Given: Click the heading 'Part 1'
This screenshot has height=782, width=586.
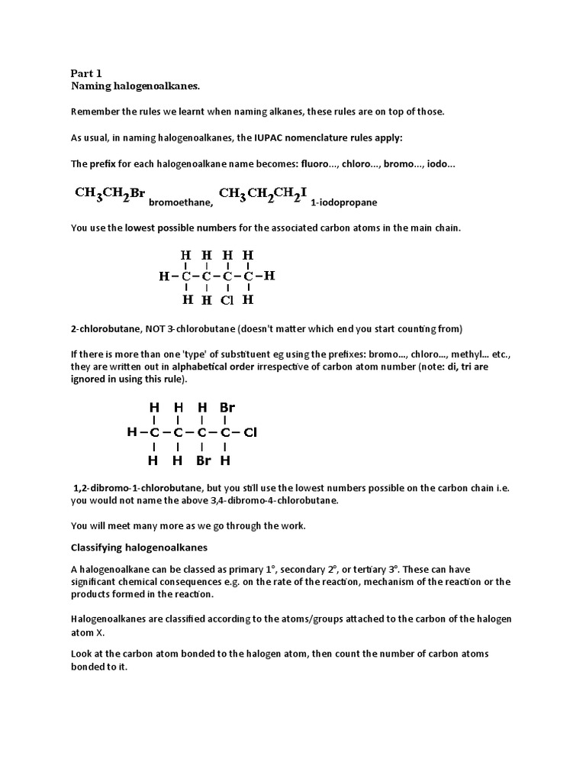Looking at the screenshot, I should pyautogui.click(x=86, y=73).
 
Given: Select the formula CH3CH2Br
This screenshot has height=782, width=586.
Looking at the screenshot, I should pyautogui.click(x=110, y=194).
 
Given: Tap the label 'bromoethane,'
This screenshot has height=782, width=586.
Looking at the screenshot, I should pyautogui.click(x=181, y=203).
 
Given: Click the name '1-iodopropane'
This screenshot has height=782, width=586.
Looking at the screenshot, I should pyautogui.click(x=344, y=203).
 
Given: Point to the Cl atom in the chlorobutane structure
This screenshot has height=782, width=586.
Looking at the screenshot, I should pyautogui.click(x=227, y=300).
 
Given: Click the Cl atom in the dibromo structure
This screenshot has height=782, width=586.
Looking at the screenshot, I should pyautogui.click(x=251, y=432).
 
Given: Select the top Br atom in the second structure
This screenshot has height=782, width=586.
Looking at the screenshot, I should pyautogui.click(x=227, y=408).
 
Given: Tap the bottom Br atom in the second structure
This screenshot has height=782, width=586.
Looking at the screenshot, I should pyautogui.click(x=203, y=460).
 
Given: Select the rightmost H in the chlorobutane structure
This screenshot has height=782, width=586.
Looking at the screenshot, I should pyautogui.click(x=269, y=276).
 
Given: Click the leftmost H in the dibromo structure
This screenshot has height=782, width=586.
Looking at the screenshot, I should pyautogui.click(x=131, y=432).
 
